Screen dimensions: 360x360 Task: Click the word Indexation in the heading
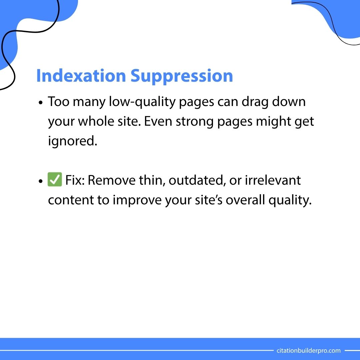point(80,76)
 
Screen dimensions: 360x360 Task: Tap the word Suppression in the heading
point(182,76)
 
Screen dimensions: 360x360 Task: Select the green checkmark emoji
point(55,181)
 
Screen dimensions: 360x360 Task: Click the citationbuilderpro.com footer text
point(309,350)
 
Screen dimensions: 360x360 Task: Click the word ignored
point(72,141)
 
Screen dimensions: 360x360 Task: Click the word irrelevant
point(273,181)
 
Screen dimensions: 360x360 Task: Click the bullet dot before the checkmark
point(41,181)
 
